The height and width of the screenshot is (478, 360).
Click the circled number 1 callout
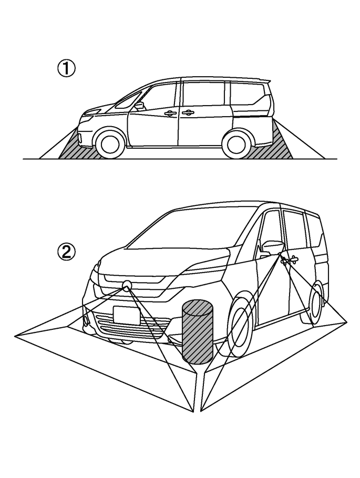[x=67, y=69]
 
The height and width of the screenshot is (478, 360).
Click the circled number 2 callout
[x=67, y=253]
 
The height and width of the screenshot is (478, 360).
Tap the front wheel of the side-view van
[x=110, y=142]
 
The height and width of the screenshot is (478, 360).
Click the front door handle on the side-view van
[x=170, y=113]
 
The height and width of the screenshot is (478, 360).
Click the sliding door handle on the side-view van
[x=188, y=112]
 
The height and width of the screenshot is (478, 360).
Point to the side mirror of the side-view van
[x=139, y=106]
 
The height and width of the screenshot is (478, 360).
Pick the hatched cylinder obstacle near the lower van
[x=198, y=332]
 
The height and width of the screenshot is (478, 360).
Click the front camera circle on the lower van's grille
[x=127, y=285]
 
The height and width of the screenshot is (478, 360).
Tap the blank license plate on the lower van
[x=126, y=315]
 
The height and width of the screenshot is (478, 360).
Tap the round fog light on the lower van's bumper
[x=85, y=320]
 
